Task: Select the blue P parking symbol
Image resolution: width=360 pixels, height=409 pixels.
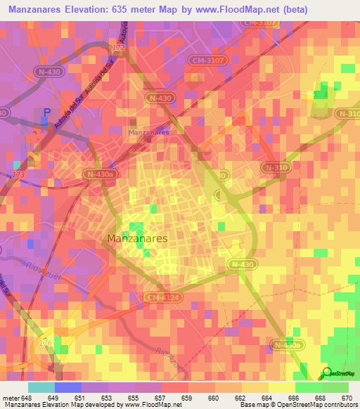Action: click(x=47, y=112)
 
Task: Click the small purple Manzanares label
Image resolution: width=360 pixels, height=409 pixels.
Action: click(x=148, y=131)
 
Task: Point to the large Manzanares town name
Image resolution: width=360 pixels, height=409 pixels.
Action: click(x=137, y=239)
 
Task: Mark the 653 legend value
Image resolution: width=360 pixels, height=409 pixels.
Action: click(x=106, y=398)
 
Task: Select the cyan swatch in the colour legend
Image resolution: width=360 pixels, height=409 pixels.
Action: click(x=41, y=387)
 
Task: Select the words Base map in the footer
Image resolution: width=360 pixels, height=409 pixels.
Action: click(x=252, y=405)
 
